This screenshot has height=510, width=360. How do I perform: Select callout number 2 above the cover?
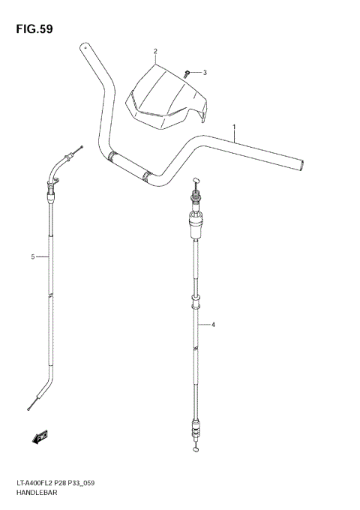[155, 52]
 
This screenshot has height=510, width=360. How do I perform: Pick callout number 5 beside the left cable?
[33, 257]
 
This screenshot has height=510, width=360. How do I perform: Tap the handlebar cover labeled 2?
[166, 94]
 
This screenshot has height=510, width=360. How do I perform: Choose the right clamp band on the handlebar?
[147, 177]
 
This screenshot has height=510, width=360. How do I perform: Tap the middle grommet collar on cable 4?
[196, 304]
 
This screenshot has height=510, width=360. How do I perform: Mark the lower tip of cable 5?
[28, 408]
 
